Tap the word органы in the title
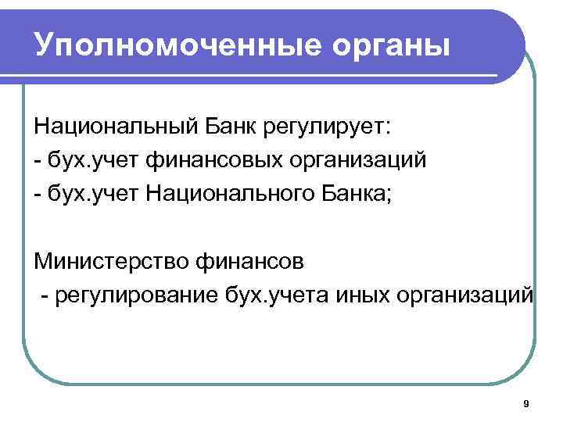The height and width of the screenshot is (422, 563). [377, 45]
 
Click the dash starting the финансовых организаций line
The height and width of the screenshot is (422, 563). [37, 161]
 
